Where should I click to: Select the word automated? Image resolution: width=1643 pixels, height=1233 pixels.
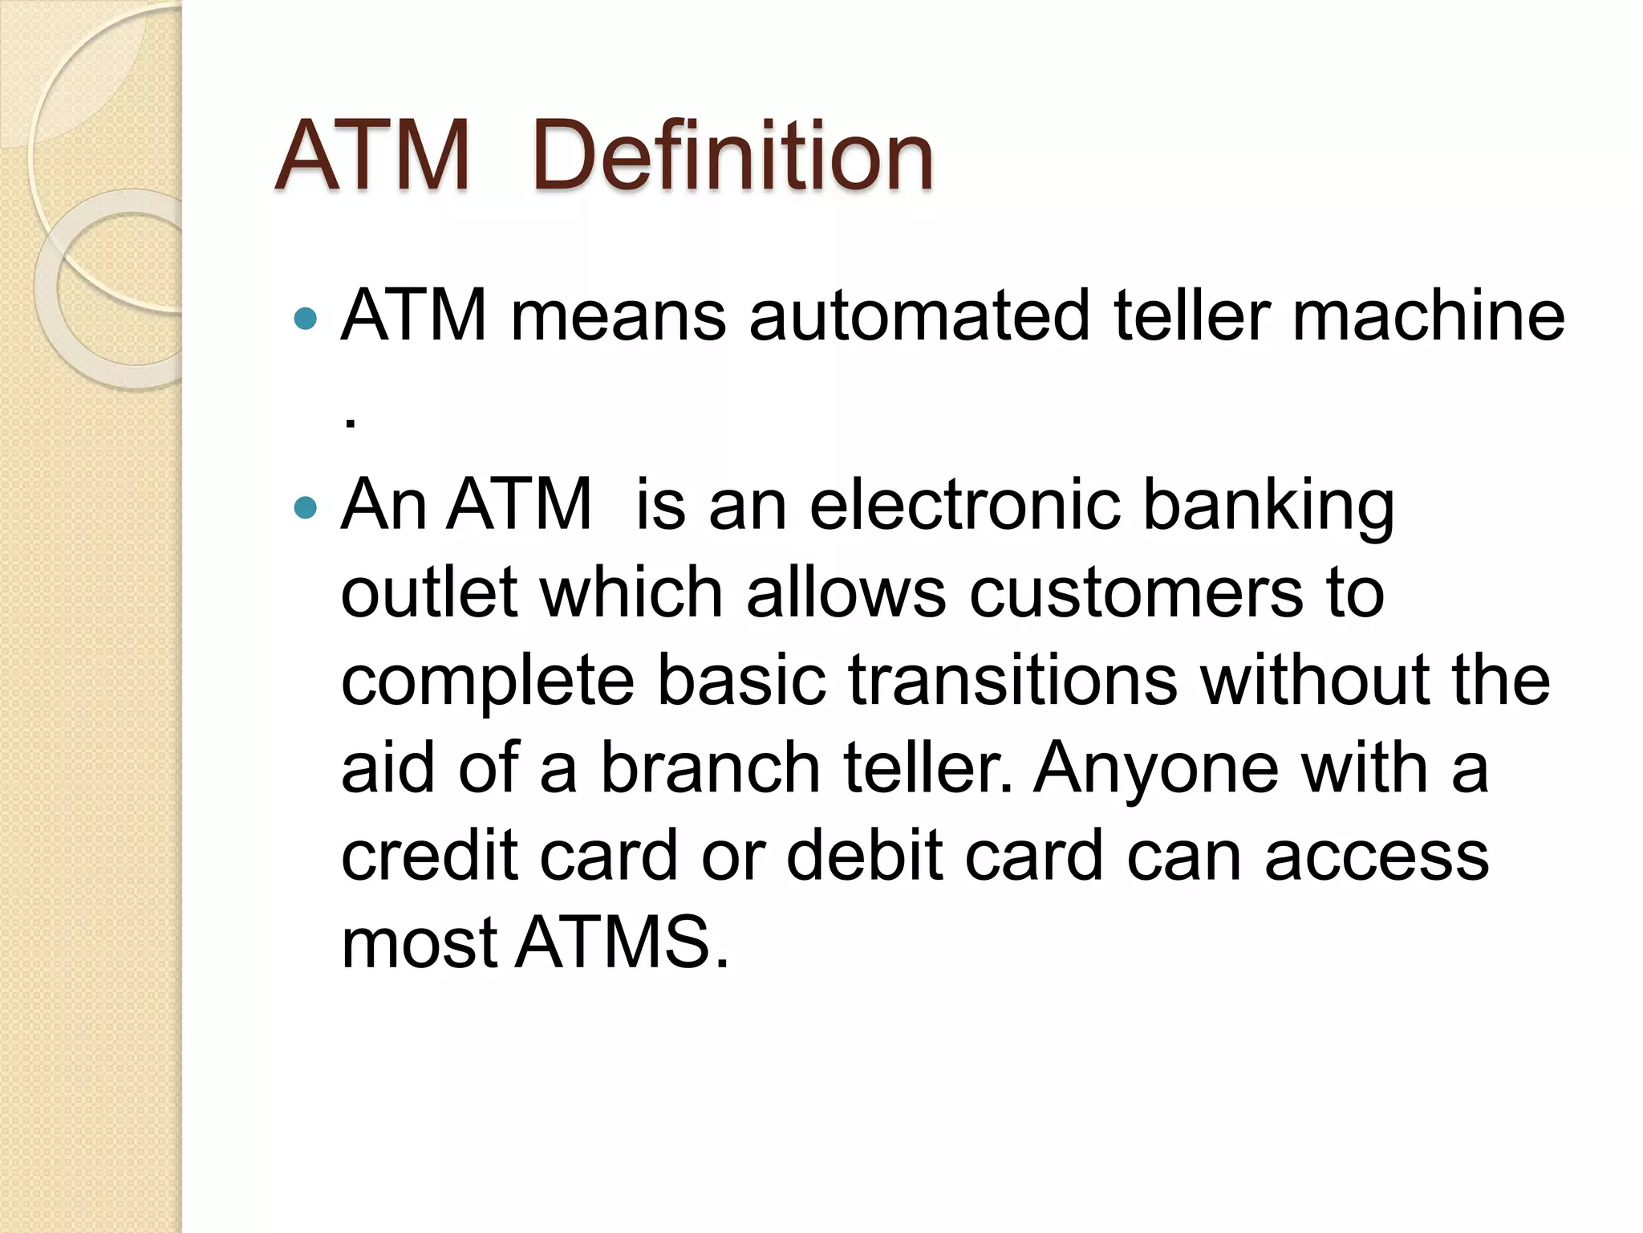[x=919, y=315]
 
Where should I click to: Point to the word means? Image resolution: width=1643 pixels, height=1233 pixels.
[x=618, y=317]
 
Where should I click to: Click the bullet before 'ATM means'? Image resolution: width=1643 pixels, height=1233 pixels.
[x=306, y=319]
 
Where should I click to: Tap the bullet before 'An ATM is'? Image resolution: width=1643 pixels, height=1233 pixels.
[x=306, y=507]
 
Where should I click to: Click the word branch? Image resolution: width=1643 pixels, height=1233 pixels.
[x=710, y=767]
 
